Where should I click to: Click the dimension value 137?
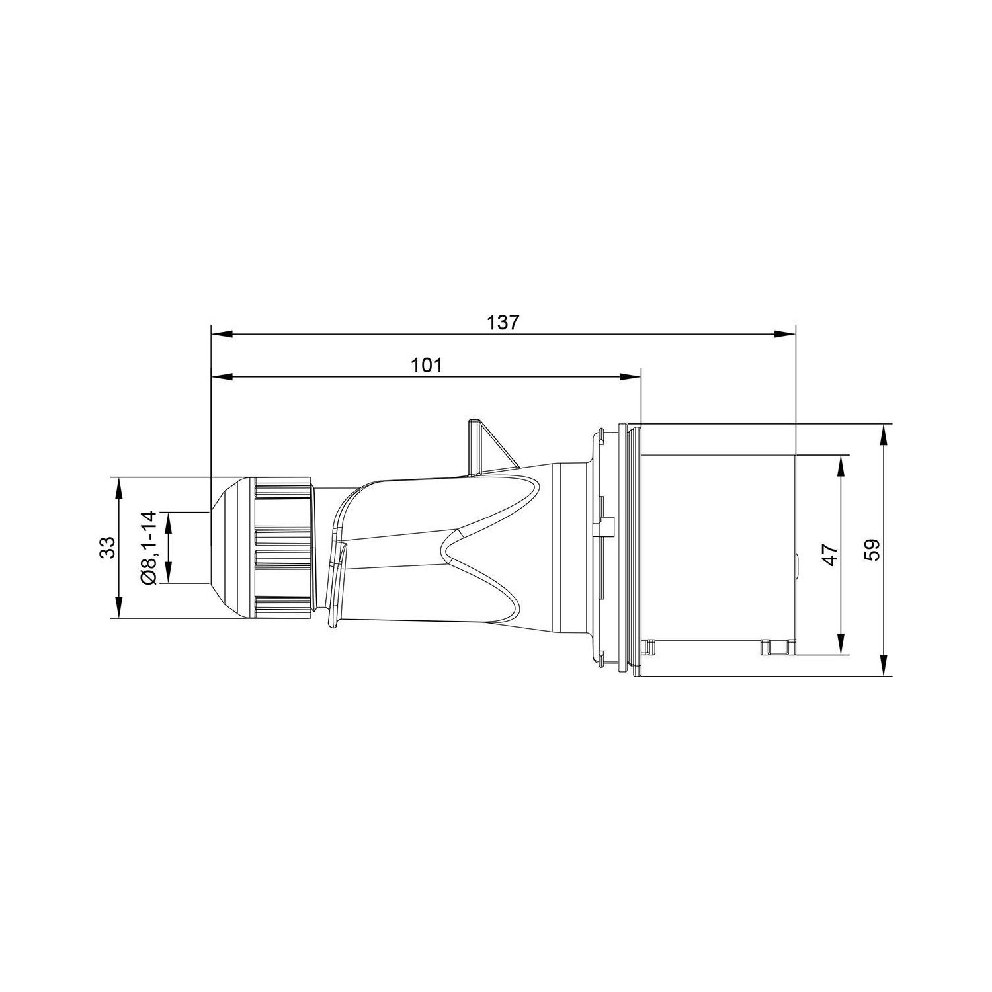pos(504,323)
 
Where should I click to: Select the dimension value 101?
pos(427,365)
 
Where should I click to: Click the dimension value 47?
pos(830,554)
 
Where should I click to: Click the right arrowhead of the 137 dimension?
pos(785,335)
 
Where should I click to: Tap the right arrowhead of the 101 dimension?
pos(630,377)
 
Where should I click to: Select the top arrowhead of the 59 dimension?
pos(884,434)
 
